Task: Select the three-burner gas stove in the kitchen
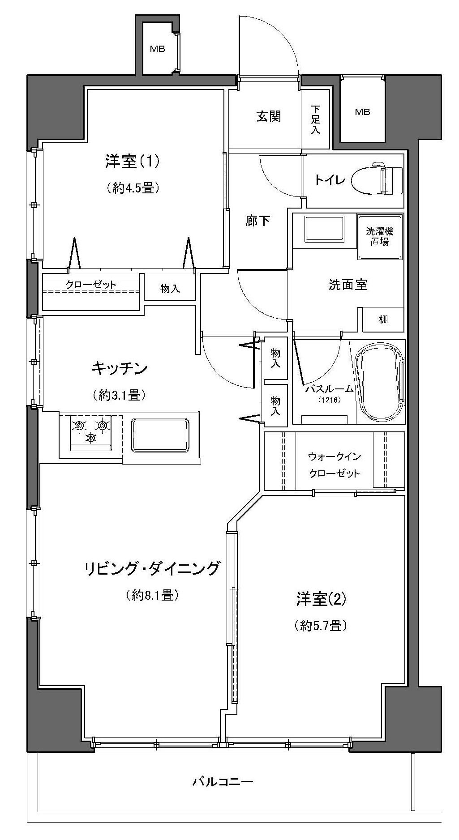pyautogui.click(x=91, y=432)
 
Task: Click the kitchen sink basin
pyautogui.click(x=159, y=435)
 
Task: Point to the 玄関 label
pyautogui.click(x=269, y=116)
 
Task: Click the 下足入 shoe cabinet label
pyautogui.click(x=316, y=120)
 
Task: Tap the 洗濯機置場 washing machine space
pyautogui.click(x=380, y=237)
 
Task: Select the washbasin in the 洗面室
pyautogui.click(x=324, y=229)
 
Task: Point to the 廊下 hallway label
pyautogui.click(x=258, y=221)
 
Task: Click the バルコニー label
pyautogui.click(x=223, y=782)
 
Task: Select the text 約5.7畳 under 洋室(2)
pyautogui.click(x=321, y=625)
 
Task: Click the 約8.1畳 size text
pyautogui.click(x=153, y=595)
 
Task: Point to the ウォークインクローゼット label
pyautogui.click(x=335, y=465)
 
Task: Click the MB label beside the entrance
pyautogui.click(x=363, y=112)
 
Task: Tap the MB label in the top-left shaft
pyautogui.click(x=157, y=49)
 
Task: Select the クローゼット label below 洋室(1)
pyautogui.click(x=91, y=284)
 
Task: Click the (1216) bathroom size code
pyautogui.click(x=330, y=400)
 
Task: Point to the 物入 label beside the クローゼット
pyautogui.click(x=170, y=289)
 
